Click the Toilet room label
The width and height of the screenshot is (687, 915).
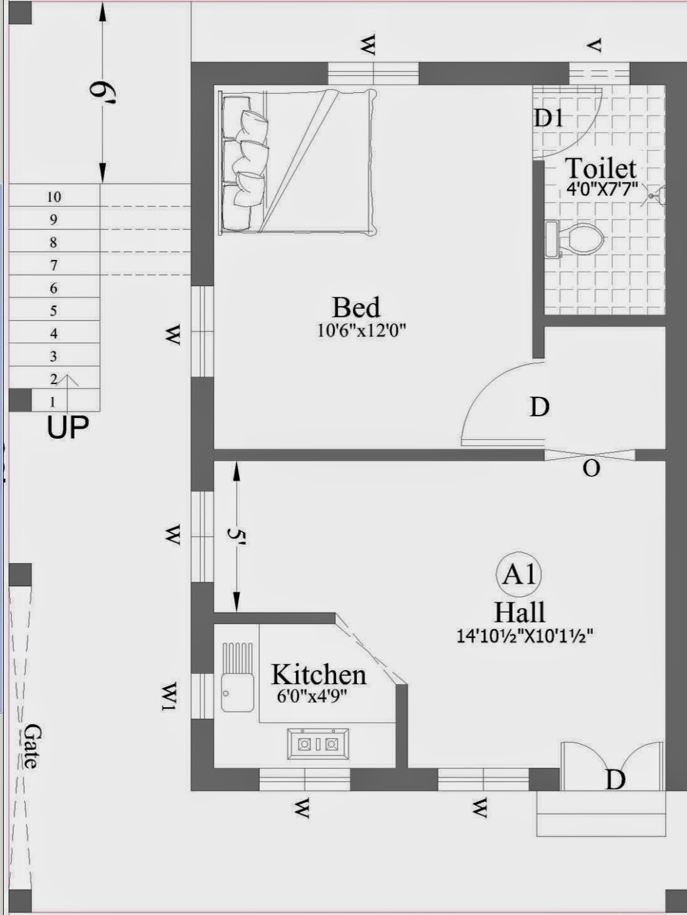click(x=600, y=168)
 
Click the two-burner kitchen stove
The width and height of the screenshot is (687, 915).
click(x=318, y=744)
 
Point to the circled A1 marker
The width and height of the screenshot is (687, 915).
click(x=519, y=574)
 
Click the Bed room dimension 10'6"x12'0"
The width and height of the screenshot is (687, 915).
click(x=361, y=331)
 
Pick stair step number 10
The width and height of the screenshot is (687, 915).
click(x=54, y=196)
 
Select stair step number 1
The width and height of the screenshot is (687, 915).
click(x=53, y=402)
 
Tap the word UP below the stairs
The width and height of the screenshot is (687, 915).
click(x=68, y=428)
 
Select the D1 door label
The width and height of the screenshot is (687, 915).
click(x=548, y=117)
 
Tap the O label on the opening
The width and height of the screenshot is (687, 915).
click(x=591, y=468)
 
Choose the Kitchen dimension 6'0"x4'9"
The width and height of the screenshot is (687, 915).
click(x=312, y=697)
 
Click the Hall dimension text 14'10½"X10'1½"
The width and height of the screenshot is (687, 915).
click(x=525, y=636)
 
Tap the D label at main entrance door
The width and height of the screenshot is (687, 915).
click(x=615, y=779)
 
